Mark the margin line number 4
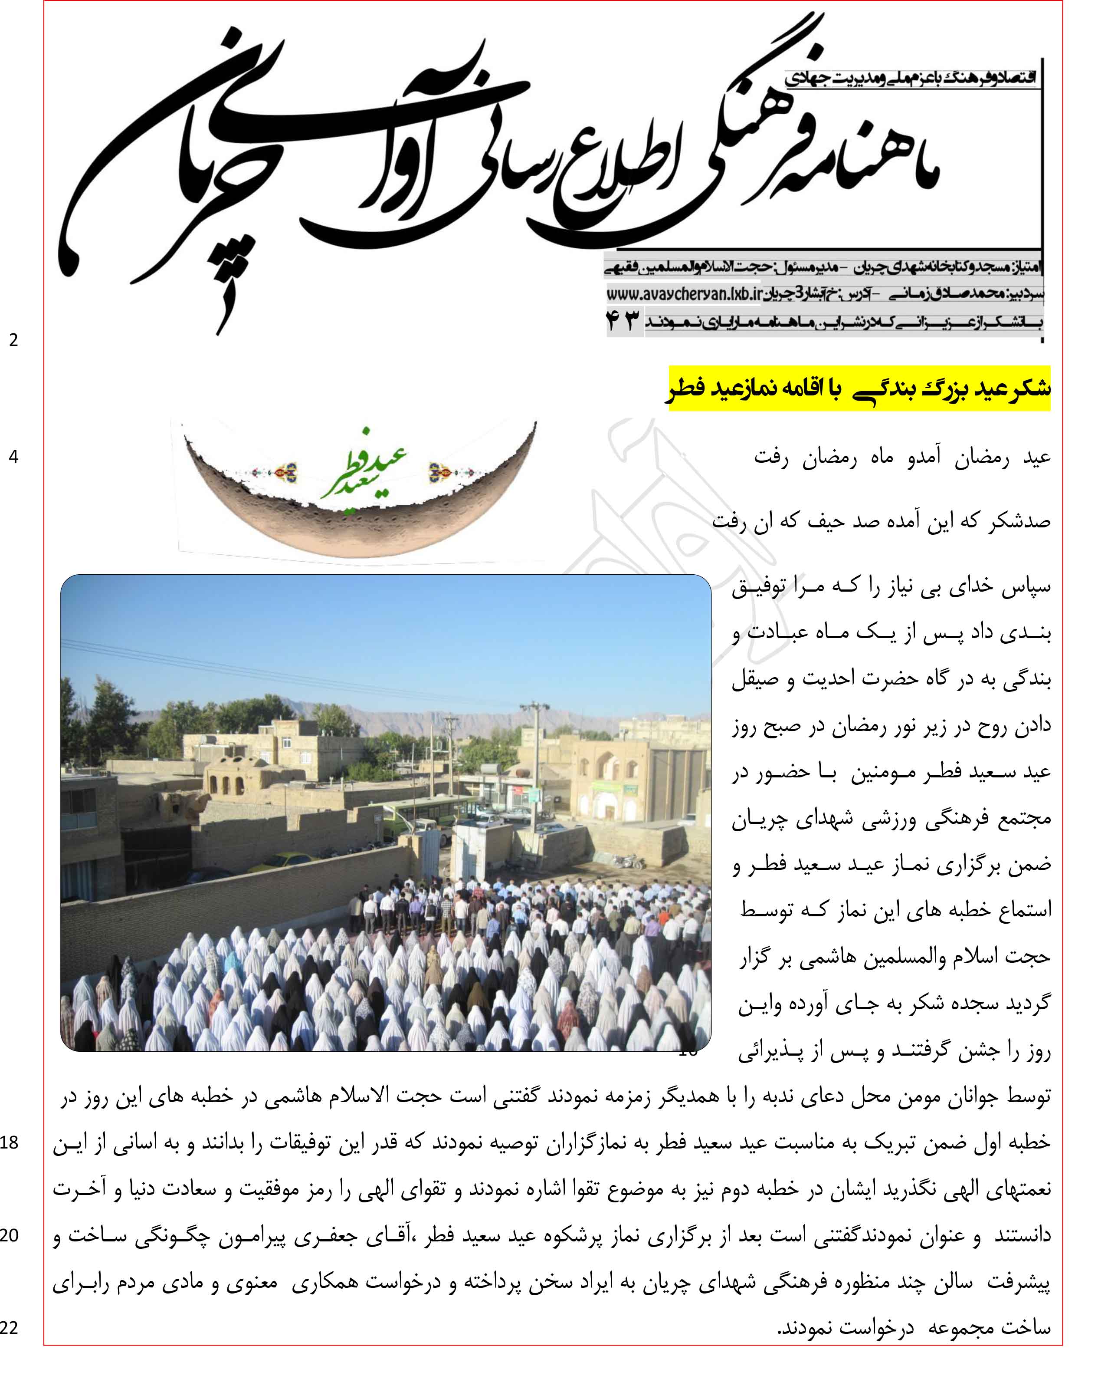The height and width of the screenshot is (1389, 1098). pos(13,457)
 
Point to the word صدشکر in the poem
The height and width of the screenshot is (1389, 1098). pos(1019,521)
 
